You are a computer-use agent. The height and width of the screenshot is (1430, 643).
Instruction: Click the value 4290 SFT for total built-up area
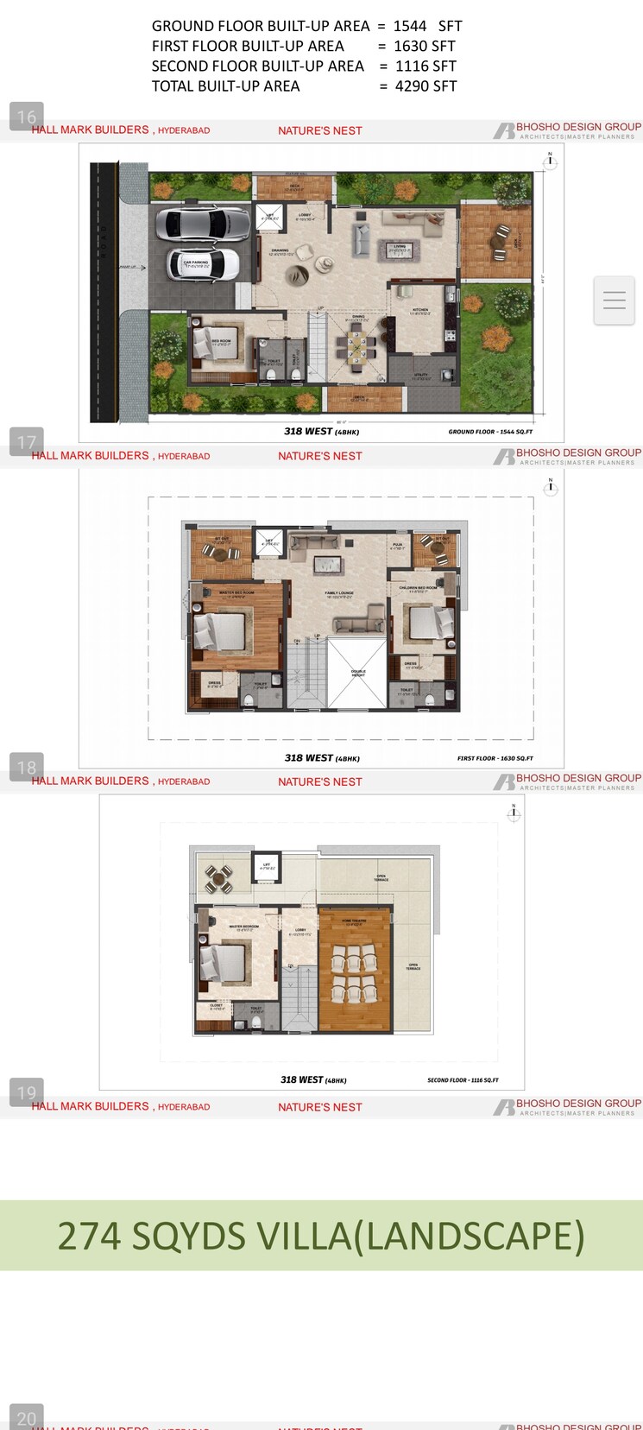tap(426, 86)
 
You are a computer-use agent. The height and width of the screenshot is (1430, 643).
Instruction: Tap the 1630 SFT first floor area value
tap(424, 47)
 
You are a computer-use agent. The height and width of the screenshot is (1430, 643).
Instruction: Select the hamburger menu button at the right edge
tap(614, 301)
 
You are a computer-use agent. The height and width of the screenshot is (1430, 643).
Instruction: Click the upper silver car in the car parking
tap(203, 223)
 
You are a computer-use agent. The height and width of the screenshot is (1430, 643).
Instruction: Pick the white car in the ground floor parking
tap(205, 264)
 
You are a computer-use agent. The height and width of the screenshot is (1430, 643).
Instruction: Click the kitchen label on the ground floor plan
tap(419, 311)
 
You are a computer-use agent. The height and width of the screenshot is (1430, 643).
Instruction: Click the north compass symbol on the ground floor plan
tap(549, 161)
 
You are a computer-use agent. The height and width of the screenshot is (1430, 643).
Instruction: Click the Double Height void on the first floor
tap(357, 673)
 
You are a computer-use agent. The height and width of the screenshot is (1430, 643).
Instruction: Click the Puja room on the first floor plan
tap(398, 546)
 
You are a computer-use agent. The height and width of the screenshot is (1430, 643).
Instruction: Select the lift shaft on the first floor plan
tap(269, 543)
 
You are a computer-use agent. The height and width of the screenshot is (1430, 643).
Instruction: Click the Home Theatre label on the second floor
tap(353, 922)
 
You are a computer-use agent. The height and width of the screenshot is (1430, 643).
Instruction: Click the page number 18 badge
tap(27, 767)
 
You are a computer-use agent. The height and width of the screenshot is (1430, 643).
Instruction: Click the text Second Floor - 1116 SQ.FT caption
tap(463, 1080)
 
